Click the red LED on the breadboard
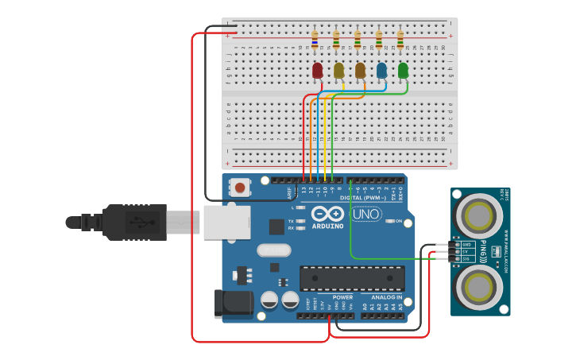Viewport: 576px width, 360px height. (x=318, y=71)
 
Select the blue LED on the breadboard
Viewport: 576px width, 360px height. (x=382, y=71)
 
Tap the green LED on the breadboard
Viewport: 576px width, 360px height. (x=404, y=71)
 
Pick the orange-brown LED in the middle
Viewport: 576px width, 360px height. (x=361, y=71)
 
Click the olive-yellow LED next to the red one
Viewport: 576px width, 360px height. (x=339, y=71)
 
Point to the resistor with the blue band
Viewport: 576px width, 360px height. (x=315, y=39)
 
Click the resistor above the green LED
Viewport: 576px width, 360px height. (x=400, y=39)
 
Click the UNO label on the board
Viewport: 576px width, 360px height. (x=366, y=214)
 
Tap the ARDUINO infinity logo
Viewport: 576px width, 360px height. (x=327, y=214)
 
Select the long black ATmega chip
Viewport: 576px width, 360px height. (x=351, y=277)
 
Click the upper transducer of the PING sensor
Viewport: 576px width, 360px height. (x=479, y=215)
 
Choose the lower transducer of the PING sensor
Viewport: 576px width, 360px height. (x=479, y=287)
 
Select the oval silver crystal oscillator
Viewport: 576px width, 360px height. (x=273, y=250)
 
